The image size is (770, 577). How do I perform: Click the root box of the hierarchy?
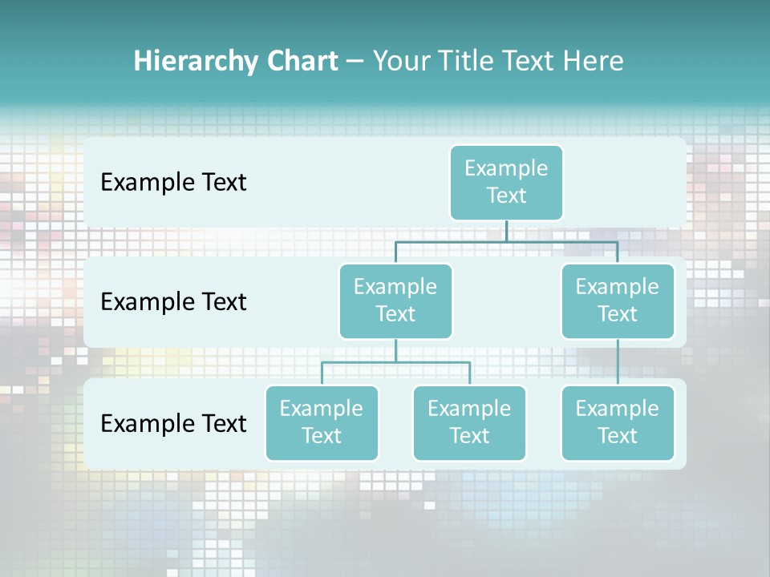pyautogui.click(x=506, y=182)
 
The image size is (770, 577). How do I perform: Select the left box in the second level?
pyautogui.click(x=395, y=301)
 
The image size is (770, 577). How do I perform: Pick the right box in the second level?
pyautogui.click(x=618, y=301)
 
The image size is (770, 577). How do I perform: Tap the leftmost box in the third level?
pyautogui.click(x=322, y=422)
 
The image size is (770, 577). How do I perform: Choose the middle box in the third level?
pyautogui.click(x=469, y=422)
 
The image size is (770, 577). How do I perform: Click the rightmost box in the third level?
pyautogui.click(x=618, y=422)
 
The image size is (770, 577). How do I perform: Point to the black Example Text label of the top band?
pyautogui.click(x=173, y=183)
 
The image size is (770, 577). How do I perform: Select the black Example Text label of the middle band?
pyautogui.click(x=173, y=302)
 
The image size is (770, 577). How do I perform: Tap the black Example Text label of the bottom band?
pyautogui.click(x=173, y=423)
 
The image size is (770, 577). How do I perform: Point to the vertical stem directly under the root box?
pyautogui.click(x=506, y=231)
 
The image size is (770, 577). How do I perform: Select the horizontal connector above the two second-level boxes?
pyautogui.click(x=506, y=241)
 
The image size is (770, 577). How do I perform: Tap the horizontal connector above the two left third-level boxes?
pyautogui.click(x=395, y=362)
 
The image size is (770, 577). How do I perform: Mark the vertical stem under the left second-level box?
pyautogui.click(x=395, y=350)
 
